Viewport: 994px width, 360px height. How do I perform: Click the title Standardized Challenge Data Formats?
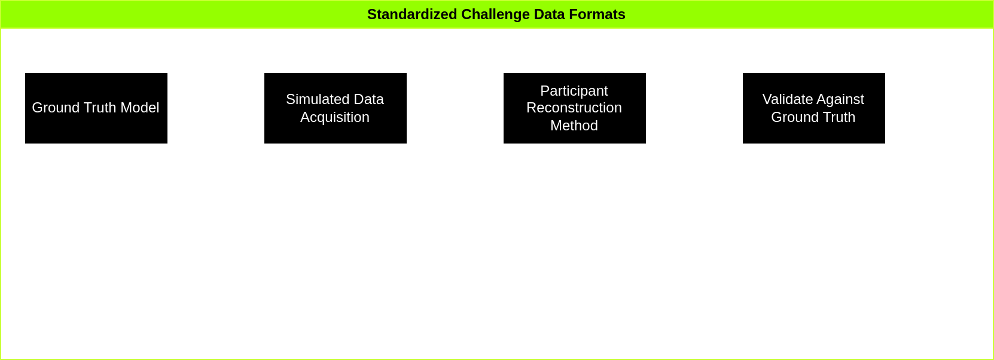(496, 14)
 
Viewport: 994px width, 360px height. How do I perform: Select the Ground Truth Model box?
(96, 108)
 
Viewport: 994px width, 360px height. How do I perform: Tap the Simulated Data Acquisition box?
(335, 108)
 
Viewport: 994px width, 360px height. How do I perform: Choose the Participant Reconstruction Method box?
(574, 108)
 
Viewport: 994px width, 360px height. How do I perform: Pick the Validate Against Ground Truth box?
(813, 108)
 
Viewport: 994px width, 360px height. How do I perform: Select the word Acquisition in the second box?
(335, 117)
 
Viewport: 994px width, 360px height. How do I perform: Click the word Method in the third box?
(574, 126)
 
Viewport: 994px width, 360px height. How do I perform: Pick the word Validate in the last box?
(783, 99)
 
